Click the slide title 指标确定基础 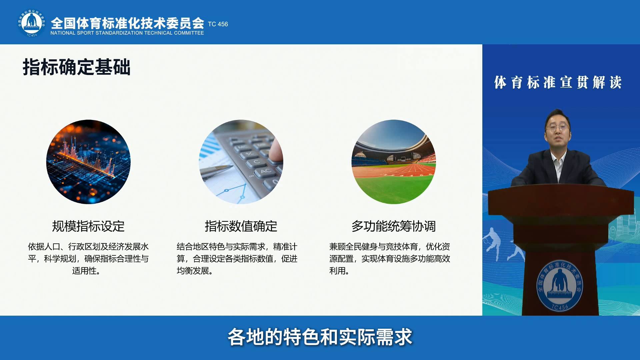76,67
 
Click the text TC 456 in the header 218,24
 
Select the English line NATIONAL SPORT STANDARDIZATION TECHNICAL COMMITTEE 127,33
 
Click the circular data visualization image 88,162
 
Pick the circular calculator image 241,162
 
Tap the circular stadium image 394,162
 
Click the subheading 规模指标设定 88,226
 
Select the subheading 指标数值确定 241,226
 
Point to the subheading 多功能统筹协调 394,226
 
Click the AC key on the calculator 266,172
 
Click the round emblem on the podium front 560,286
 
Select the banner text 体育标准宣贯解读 558,82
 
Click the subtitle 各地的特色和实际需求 320,337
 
